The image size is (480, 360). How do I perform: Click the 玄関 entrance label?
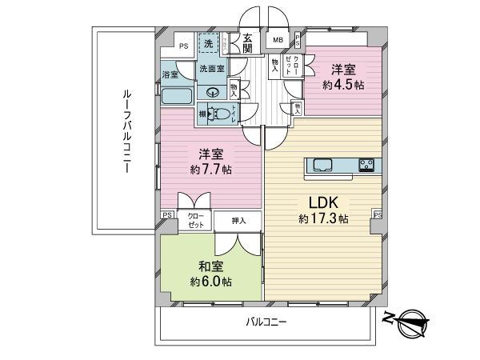(248, 42)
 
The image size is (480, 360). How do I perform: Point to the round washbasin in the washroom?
(213, 90)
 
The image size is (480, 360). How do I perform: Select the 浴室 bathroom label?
(170, 75)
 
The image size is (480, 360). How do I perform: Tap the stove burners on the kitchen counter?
(367, 166)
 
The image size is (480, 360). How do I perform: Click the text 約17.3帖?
(323, 219)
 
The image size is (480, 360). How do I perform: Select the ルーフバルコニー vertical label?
(126, 130)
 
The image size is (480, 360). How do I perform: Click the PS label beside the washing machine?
(184, 46)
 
